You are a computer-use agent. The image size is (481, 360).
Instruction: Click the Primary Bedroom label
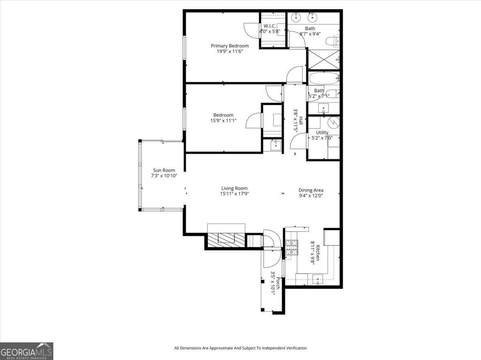tap(230, 46)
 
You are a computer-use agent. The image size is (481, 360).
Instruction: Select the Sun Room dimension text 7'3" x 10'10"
tap(164, 176)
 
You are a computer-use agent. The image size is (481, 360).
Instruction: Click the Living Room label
tap(234, 188)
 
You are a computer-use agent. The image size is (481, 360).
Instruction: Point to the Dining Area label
tap(311, 190)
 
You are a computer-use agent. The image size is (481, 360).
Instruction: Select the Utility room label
tap(322, 133)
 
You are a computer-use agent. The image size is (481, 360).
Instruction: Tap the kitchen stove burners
tap(291, 247)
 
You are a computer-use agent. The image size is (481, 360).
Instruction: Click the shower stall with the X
tap(323, 60)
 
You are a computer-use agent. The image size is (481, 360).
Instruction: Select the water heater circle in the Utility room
tap(333, 121)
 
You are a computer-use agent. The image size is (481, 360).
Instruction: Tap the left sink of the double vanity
tap(296, 17)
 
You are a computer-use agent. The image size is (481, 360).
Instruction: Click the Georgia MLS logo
tap(26, 351)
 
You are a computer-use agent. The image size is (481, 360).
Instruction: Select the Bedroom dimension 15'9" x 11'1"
tap(223, 121)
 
